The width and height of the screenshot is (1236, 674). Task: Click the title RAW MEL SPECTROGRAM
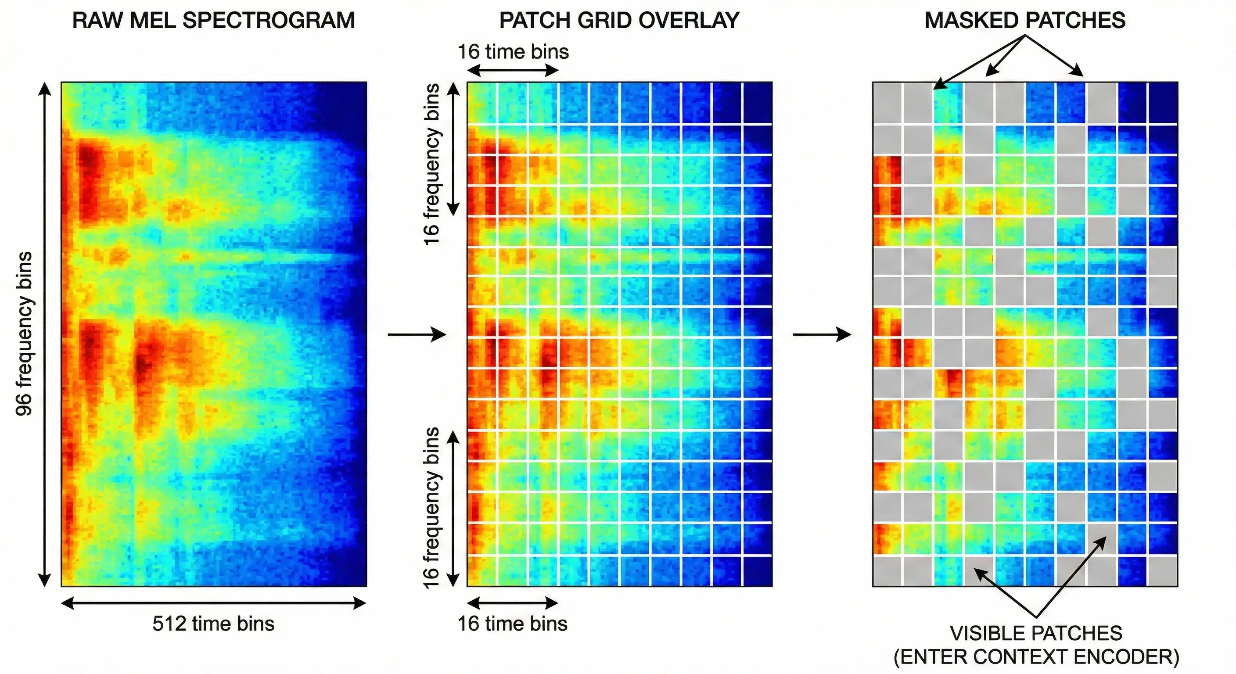[x=213, y=21]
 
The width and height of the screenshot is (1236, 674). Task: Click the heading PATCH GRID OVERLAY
[x=619, y=21]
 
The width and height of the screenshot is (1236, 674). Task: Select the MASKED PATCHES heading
[x=1024, y=21]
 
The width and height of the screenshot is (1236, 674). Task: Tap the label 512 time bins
[x=213, y=624]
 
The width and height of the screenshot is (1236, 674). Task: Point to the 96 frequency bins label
[x=24, y=333]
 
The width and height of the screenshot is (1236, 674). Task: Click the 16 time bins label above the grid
[x=513, y=52]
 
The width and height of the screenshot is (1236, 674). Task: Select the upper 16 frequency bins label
[x=432, y=165]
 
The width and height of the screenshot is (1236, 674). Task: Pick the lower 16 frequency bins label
[x=432, y=508]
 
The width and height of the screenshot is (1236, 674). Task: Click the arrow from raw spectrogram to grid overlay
[x=417, y=334]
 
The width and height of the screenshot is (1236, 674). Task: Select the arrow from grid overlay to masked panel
[x=822, y=334]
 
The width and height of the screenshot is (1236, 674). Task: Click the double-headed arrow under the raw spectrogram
[x=213, y=603]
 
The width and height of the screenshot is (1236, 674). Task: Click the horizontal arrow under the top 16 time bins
[x=513, y=71]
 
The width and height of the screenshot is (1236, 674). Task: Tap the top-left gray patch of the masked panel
[x=887, y=103]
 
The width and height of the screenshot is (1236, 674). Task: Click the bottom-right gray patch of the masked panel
[x=1163, y=571]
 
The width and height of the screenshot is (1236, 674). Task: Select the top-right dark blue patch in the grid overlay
[x=758, y=103]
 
